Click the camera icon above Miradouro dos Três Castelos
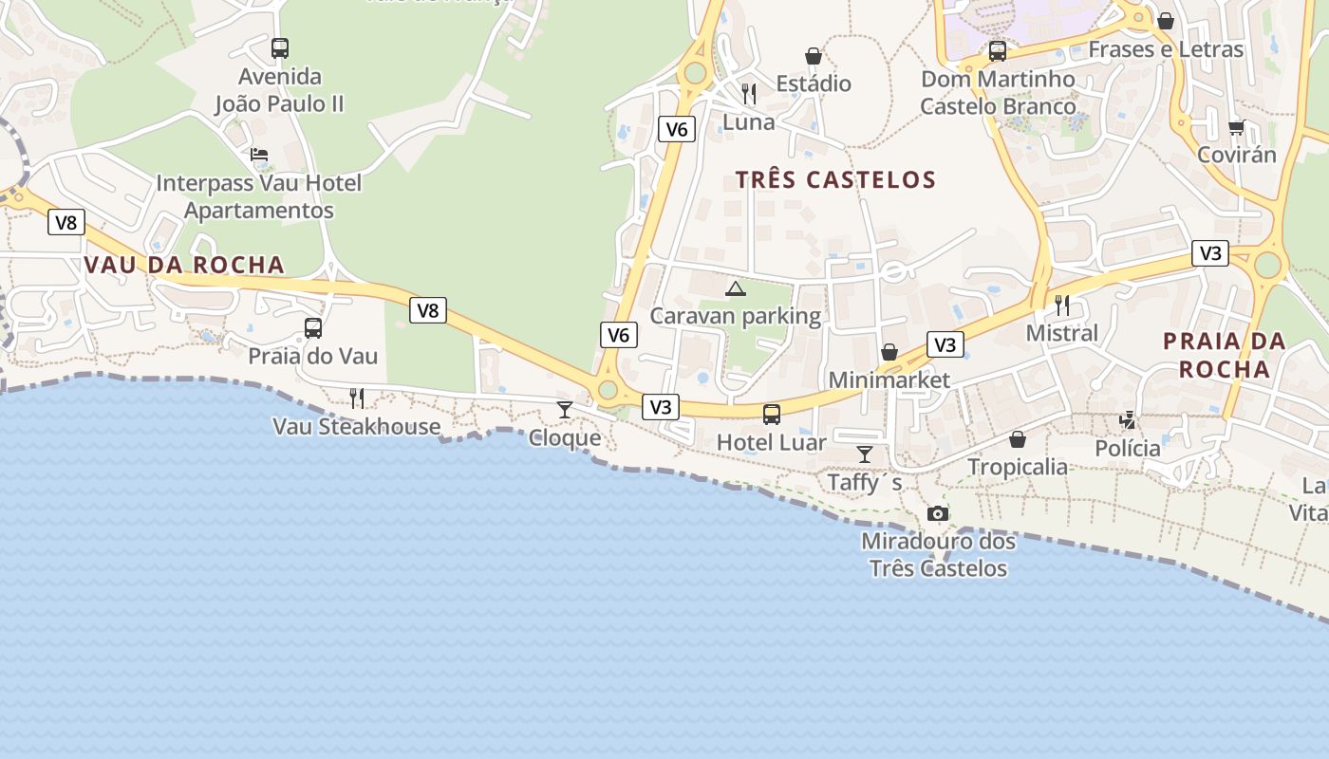[938, 514]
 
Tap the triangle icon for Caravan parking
[736, 288]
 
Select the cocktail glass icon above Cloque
[565, 410]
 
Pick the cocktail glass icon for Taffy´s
[865, 454]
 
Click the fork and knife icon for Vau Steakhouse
[357, 398]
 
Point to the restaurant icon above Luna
[749, 94]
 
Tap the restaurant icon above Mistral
[1062, 305]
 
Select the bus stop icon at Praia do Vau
[313, 329]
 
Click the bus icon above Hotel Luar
[772, 415]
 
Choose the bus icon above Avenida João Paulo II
[280, 48]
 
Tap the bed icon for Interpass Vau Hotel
[259, 155]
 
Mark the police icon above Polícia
[1128, 419]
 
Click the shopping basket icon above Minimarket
[889, 353]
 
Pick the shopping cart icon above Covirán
[1236, 127]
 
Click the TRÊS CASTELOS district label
[835, 179]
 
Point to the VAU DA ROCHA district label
[184, 265]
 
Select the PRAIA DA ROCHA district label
[1225, 355]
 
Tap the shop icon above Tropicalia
[1018, 439]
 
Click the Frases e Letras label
[1166, 49]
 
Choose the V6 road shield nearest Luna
[676, 129]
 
